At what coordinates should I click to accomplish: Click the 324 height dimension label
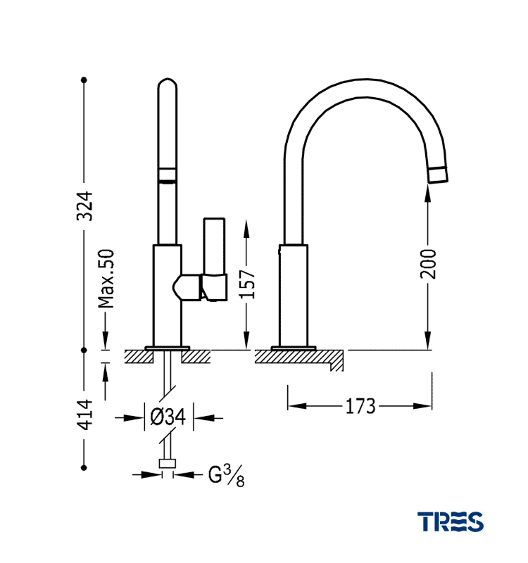pos(85,205)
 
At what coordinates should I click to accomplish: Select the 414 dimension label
pos(85,415)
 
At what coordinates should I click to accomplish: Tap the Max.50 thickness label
pos(106,279)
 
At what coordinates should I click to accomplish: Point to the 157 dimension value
pos(247,284)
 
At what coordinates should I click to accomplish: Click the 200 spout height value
pos(428,264)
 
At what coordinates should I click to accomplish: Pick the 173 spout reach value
pos(360,407)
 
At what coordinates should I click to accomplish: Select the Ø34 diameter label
pos(168,417)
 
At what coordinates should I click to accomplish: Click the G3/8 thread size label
pos(226,476)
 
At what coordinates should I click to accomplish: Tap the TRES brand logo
pos(451,521)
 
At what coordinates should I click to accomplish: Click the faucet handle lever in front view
pos(215,258)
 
